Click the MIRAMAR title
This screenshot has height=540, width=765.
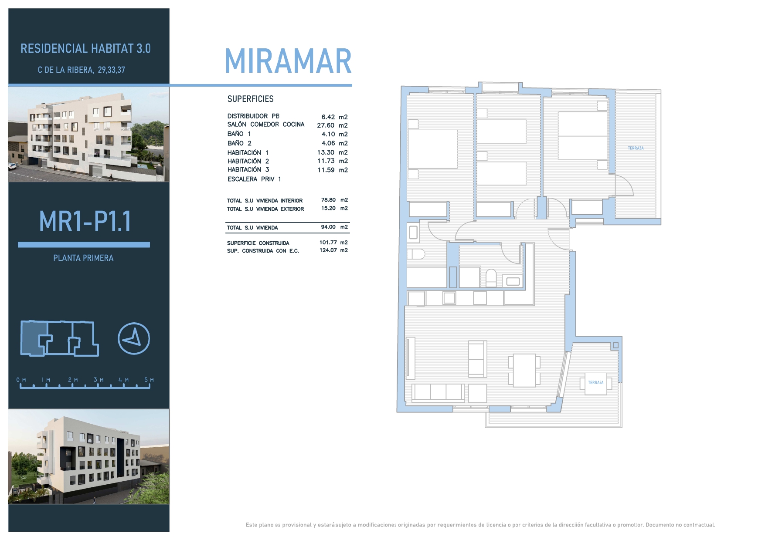coord(288,61)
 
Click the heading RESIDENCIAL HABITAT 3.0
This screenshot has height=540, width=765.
coord(85,48)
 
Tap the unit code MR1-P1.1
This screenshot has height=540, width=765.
coord(85,221)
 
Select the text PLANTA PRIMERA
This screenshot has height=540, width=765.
coord(83,258)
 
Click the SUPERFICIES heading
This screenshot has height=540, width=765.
coord(251,99)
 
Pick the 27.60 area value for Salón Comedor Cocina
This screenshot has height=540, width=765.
coord(326,125)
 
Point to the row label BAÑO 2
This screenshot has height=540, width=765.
coord(239,143)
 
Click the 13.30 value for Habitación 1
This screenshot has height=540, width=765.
coord(326,152)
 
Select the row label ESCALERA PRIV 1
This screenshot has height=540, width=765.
coord(254,179)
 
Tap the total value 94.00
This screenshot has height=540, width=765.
coord(328,227)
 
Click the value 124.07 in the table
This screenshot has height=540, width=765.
coord(328,250)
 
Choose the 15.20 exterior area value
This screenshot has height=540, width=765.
coord(328,208)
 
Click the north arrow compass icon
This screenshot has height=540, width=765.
coord(134,338)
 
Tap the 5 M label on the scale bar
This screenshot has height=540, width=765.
coord(149,380)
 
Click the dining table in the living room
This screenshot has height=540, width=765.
coord(524,371)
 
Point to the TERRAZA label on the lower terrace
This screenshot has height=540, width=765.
coord(596,383)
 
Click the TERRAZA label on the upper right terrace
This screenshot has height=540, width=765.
coord(636,148)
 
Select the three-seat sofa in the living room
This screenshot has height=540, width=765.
coord(439,392)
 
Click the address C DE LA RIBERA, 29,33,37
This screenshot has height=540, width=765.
coord(82,70)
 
